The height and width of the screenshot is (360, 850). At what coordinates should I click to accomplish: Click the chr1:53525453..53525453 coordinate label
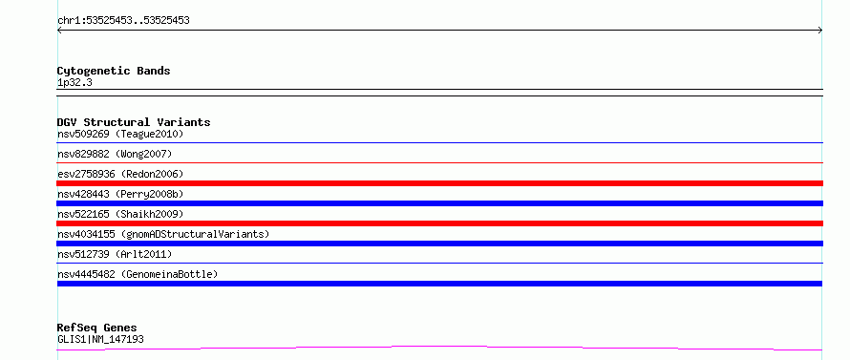click(123, 21)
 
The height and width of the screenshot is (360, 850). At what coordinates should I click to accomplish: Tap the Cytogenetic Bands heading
click(114, 71)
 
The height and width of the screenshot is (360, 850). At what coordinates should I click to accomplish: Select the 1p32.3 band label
click(74, 83)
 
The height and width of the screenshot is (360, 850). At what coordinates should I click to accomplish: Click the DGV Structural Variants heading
click(134, 122)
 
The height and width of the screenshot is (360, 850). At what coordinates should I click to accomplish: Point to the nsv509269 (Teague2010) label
click(120, 134)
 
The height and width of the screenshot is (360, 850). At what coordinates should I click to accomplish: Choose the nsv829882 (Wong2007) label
click(115, 154)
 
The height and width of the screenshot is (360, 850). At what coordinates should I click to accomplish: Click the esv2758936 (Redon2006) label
click(120, 174)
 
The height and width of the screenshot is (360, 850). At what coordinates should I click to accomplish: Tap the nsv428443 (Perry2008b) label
click(120, 194)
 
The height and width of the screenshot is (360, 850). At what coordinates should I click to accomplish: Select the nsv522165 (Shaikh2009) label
click(120, 214)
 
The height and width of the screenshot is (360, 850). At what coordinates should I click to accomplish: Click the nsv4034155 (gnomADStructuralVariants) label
click(163, 234)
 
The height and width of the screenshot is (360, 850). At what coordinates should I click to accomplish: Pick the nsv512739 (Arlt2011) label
click(115, 254)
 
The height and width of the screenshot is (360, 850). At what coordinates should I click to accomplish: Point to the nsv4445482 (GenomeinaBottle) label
click(138, 274)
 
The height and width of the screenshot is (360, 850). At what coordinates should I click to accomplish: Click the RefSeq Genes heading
click(97, 328)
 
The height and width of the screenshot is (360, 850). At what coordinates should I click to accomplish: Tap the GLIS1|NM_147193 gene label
click(100, 340)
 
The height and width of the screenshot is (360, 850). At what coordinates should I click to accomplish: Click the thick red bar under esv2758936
click(439, 183)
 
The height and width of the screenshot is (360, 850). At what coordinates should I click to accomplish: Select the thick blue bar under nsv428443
click(439, 203)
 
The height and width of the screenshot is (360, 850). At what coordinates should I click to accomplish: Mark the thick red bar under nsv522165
click(439, 223)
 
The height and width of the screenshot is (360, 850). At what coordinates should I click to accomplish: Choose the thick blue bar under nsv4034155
click(439, 244)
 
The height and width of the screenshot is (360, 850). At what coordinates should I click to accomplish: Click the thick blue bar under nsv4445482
click(439, 284)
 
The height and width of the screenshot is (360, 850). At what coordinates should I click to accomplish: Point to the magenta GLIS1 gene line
click(439, 346)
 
